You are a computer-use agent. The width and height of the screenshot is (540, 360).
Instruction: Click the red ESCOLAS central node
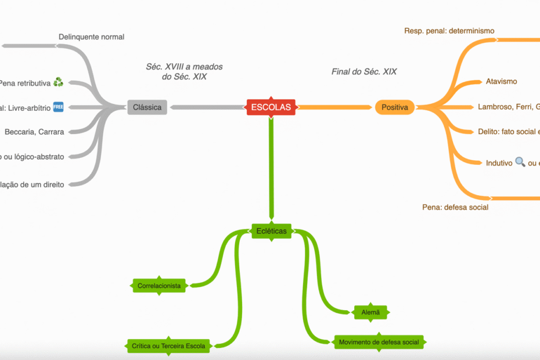pyautogui.click(x=271, y=107)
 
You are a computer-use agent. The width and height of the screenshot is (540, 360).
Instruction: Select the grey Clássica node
pyautogui.click(x=147, y=107)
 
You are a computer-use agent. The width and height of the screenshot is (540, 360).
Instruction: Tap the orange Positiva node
pyautogui.click(x=395, y=107)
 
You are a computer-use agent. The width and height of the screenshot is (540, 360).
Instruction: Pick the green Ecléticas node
pyautogui.click(x=271, y=231)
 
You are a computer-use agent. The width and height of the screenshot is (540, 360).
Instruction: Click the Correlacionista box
pyautogui.click(x=159, y=286)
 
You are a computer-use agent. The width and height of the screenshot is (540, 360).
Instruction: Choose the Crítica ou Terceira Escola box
pyautogui.click(x=168, y=346)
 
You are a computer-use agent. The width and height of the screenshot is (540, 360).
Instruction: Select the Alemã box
pyautogui.click(x=370, y=312)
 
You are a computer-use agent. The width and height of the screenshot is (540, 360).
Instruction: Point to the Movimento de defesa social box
pyautogui.click(x=379, y=342)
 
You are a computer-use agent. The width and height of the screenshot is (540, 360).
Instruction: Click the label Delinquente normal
pyautogui.click(x=91, y=37)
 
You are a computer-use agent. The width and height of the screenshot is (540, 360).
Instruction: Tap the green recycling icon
pyautogui.click(x=58, y=82)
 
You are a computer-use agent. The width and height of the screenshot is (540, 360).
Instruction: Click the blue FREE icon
pyautogui.click(x=58, y=107)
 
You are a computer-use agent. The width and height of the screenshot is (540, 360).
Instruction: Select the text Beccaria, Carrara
pyautogui.click(x=34, y=132)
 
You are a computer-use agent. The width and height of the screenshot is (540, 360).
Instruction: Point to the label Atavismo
pyautogui.click(x=501, y=81)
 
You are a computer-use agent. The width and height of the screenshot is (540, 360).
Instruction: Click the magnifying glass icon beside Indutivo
pyautogui.click(x=520, y=163)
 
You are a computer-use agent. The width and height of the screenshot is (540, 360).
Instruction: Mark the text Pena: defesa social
pyautogui.click(x=455, y=207)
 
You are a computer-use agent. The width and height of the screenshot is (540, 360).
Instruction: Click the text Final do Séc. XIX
pyautogui.click(x=364, y=71)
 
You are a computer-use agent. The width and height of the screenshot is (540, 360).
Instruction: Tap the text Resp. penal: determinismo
pyautogui.click(x=449, y=30)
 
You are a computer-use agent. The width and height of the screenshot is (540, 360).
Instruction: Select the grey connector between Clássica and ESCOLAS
pyautogui.click(x=206, y=107)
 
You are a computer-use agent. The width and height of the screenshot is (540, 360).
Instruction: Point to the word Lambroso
pyautogui.click(x=495, y=107)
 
